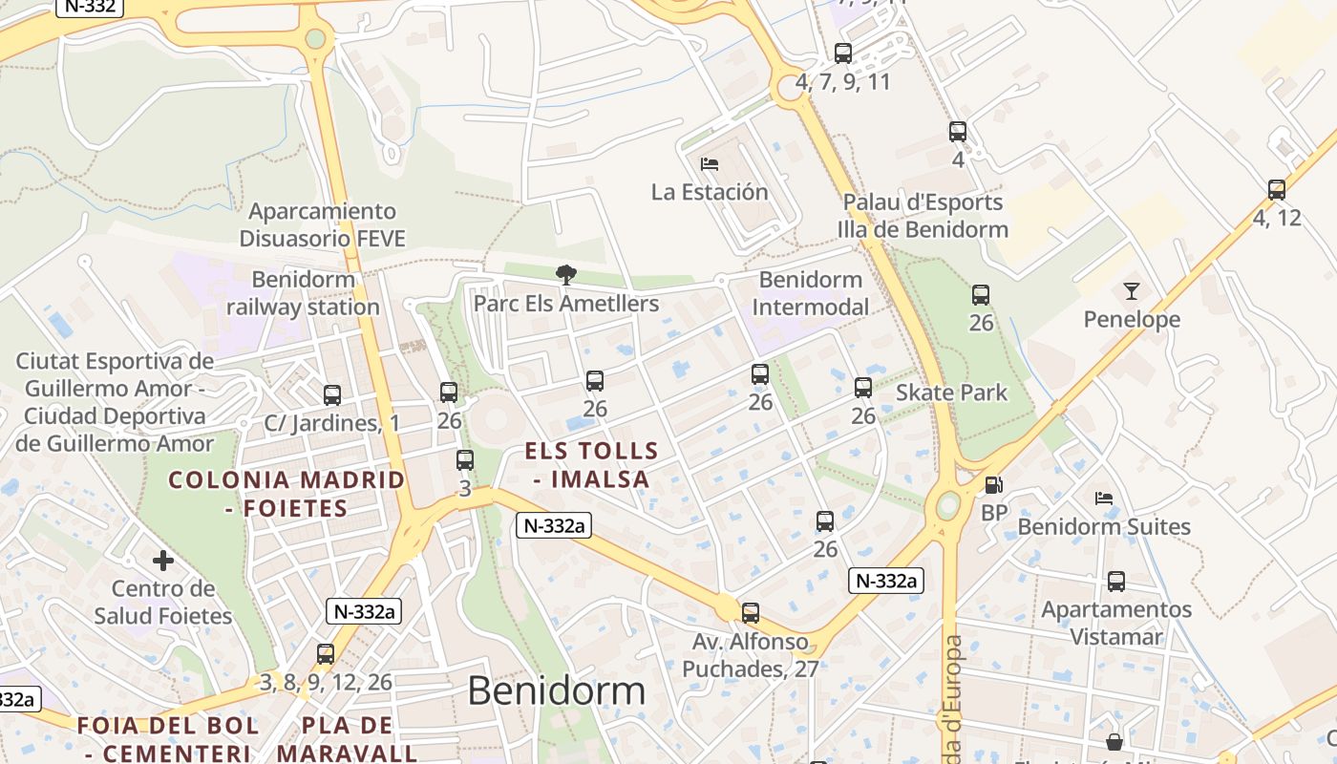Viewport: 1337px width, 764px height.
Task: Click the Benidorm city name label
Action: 556,690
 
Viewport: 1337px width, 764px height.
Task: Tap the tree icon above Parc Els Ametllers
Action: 566,276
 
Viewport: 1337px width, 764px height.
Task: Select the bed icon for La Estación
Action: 709,164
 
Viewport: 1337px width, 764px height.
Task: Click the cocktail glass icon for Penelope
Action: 1132,291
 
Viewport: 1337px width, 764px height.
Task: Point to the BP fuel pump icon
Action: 993,485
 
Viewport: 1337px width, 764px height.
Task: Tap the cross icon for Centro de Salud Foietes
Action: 163,561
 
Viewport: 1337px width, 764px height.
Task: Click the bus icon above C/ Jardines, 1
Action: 332,394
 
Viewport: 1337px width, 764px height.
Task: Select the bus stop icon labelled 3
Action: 465,460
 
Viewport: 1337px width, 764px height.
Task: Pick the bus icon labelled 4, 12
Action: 1277,190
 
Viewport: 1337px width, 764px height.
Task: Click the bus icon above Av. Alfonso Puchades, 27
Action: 751,613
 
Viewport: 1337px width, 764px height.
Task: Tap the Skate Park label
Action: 951,393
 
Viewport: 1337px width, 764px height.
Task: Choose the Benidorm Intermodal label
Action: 811,293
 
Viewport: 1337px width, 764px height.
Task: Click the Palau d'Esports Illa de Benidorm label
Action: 923,216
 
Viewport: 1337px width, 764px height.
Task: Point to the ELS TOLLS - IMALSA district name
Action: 592,465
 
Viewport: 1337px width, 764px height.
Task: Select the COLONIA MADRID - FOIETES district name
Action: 286,494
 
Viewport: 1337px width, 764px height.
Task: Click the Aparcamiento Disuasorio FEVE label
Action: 323,224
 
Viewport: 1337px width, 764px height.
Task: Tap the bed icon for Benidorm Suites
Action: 1104,499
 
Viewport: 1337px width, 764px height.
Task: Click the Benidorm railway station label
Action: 303,293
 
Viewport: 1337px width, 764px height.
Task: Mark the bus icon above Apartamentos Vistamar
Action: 1115,581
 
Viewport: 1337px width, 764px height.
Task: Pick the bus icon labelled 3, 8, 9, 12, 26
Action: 326,654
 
